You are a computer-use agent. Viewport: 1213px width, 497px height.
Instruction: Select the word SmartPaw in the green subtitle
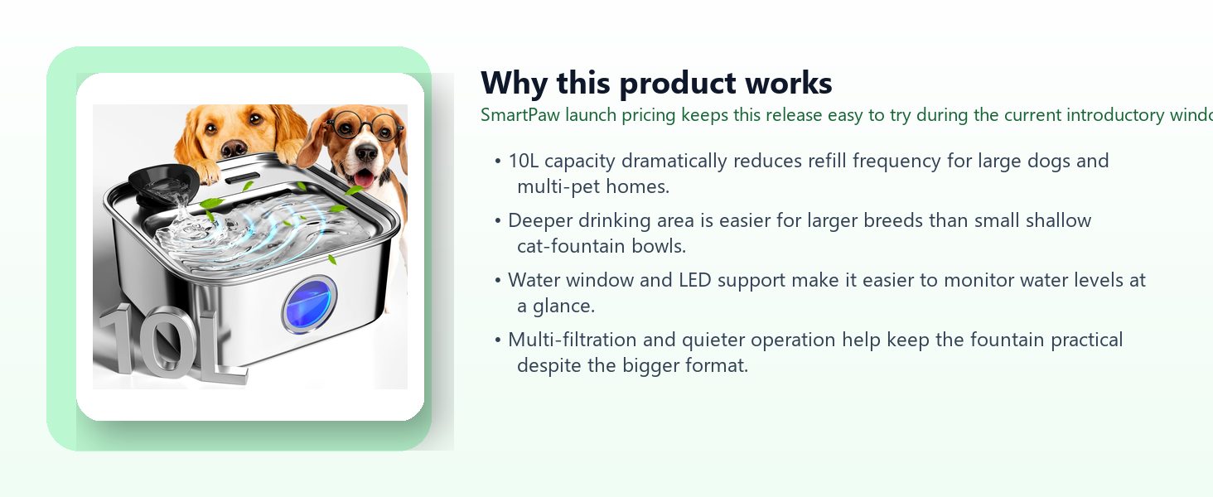click(520, 115)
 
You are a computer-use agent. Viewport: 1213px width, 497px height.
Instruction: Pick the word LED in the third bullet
click(695, 280)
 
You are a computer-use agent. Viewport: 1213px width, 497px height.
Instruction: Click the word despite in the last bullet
click(549, 366)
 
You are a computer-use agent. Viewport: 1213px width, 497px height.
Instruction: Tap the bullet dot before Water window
click(498, 281)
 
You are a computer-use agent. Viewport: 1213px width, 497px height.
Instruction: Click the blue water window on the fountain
click(309, 304)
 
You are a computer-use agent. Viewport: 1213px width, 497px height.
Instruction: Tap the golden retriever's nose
click(234, 148)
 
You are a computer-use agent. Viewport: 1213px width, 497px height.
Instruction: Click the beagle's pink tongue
click(364, 178)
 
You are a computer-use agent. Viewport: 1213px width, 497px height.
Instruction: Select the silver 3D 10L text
click(171, 344)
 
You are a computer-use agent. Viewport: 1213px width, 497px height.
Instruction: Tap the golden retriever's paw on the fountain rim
click(208, 172)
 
